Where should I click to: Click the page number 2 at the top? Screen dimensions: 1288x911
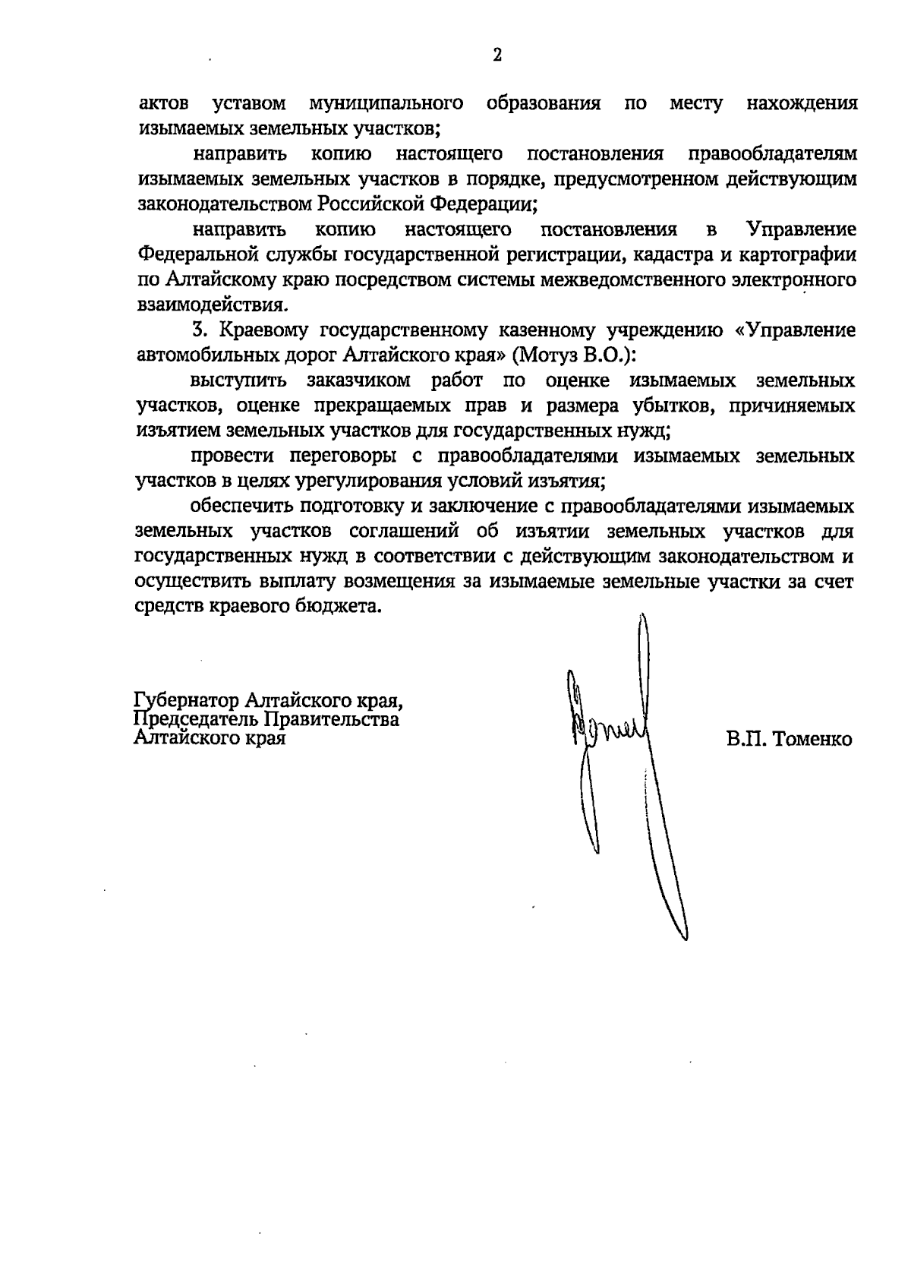[x=497, y=55]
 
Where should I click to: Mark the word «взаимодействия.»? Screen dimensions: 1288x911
[x=213, y=305]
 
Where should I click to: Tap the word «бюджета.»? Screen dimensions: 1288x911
[x=339, y=607]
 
